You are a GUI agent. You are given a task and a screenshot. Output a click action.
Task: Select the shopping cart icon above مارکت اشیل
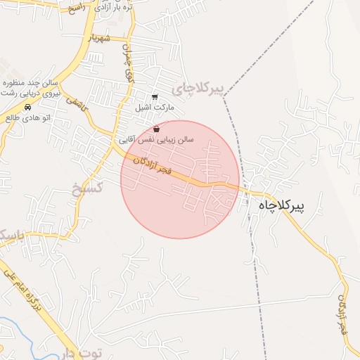[x=155, y=98]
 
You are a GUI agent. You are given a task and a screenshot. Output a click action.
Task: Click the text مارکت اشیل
[x=154, y=109]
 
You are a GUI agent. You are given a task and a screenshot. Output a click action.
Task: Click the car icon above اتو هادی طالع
[x=27, y=108]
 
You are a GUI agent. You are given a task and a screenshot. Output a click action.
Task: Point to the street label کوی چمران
[x=128, y=63]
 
